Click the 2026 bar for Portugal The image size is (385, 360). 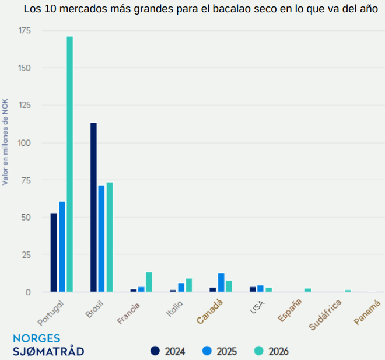(x=70, y=164)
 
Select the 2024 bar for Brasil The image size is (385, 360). (x=93, y=207)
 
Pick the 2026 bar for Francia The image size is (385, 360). (x=149, y=282)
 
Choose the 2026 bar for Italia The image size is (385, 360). (x=189, y=285)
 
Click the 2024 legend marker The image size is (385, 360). (x=155, y=351)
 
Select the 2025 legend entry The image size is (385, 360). (x=219, y=351)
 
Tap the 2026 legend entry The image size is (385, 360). (x=271, y=351)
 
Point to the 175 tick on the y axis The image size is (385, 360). (x=23, y=30)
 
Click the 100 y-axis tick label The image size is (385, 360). (x=23, y=142)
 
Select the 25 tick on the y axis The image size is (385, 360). (x=26, y=254)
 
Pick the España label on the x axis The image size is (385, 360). (x=290, y=310)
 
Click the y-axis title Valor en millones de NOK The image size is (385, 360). (x=5, y=141)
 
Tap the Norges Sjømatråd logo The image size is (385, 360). (x=48, y=345)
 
